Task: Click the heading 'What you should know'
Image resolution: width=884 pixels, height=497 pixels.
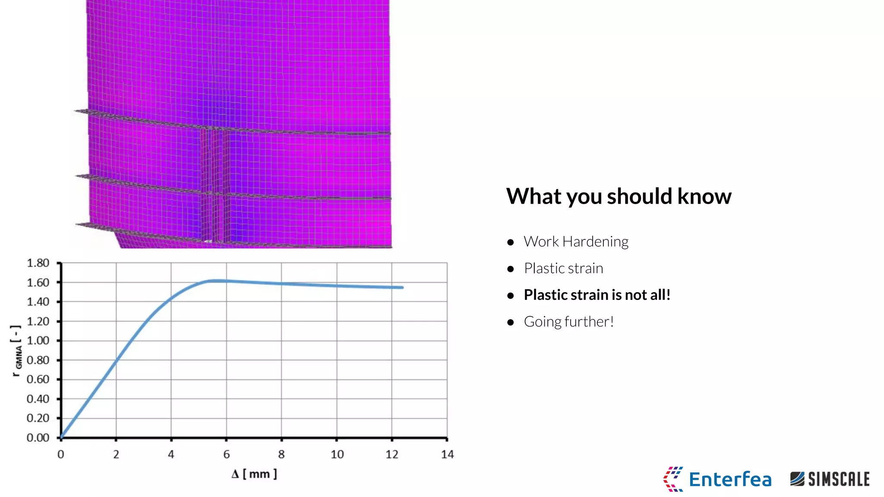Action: pyautogui.click(x=619, y=196)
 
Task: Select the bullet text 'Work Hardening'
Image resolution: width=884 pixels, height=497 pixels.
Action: pyautogui.click(x=576, y=242)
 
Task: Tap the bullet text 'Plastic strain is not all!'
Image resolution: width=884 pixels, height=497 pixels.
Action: pyautogui.click(x=597, y=295)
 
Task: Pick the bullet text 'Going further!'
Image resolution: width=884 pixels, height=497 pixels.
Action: pyautogui.click(x=568, y=322)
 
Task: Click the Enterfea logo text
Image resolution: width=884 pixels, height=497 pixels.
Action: pyautogui.click(x=730, y=480)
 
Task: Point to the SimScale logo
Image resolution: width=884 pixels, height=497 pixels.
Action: pyautogui.click(x=830, y=479)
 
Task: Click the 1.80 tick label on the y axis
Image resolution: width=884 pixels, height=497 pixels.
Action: pyautogui.click(x=38, y=263)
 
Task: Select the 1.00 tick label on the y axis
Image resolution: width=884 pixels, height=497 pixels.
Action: pyautogui.click(x=38, y=341)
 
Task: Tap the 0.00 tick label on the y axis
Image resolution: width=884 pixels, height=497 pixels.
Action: pyautogui.click(x=38, y=438)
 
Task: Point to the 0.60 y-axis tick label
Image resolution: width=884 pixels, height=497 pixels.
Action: pyautogui.click(x=38, y=380)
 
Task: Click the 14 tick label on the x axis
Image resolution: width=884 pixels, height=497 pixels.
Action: pyautogui.click(x=447, y=454)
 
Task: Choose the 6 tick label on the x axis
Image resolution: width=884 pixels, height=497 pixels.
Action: pyautogui.click(x=226, y=454)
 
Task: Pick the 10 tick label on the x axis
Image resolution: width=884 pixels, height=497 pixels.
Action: pyautogui.click(x=337, y=454)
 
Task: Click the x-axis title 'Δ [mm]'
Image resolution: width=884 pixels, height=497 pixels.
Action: pyautogui.click(x=254, y=474)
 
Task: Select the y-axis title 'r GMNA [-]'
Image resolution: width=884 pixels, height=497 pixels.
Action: pyautogui.click(x=16, y=351)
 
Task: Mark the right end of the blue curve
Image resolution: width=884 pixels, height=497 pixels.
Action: pyautogui.click(x=402, y=287)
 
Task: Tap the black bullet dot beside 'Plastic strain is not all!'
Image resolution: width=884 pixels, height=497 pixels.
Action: pyautogui.click(x=511, y=296)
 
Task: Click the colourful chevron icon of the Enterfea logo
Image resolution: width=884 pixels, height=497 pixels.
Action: pyautogui.click(x=673, y=479)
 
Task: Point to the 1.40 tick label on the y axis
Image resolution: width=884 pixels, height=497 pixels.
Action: pyautogui.click(x=38, y=302)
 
